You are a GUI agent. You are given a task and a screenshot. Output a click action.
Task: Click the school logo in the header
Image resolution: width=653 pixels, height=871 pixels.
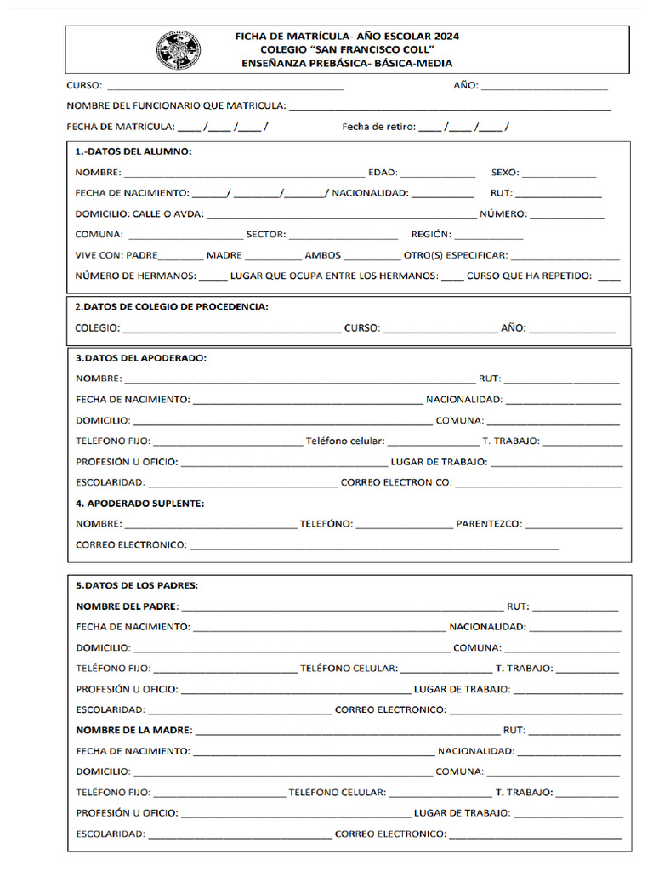pyautogui.click(x=179, y=50)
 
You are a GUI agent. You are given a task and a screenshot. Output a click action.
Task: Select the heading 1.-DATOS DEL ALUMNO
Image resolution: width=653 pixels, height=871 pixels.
pyautogui.click(x=133, y=151)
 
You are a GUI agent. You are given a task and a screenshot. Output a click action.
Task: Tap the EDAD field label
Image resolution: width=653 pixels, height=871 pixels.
pyautogui.click(x=382, y=173)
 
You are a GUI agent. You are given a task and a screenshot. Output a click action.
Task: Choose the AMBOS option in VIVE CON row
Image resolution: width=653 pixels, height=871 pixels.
pyautogui.click(x=322, y=255)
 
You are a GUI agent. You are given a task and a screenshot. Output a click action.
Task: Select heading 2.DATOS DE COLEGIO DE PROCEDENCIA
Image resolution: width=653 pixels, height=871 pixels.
pyautogui.click(x=172, y=306)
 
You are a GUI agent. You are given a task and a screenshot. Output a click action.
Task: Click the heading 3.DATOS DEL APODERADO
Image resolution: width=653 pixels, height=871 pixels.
pyautogui.click(x=141, y=358)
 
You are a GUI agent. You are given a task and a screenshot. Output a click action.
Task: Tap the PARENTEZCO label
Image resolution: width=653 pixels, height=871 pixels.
pyautogui.click(x=489, y=524)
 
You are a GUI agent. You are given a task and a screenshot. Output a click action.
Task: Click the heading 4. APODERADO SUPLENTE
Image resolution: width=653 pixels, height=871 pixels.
pyautogui.click(x=140, y=504)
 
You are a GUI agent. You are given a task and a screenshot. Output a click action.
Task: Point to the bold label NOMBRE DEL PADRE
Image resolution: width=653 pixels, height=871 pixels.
pyautogui.click(x=127, y=606)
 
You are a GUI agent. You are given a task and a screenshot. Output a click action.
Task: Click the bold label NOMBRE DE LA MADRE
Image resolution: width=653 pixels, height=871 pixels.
pyautogui.click(x=133, y=730)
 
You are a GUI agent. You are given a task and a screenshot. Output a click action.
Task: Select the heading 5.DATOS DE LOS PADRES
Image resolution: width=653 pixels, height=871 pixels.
pyautogui.click(x=137, y=585)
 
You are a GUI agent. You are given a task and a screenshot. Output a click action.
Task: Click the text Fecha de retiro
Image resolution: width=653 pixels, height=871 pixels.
pyautogui.click(x=378, y=127)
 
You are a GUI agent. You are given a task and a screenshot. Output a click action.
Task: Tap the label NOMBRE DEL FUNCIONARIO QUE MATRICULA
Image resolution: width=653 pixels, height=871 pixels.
pyautogui.click(x=176, y=106)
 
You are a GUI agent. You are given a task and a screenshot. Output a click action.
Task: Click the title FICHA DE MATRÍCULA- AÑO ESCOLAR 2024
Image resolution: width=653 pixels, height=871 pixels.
pyautogui.click(x=347, y=37)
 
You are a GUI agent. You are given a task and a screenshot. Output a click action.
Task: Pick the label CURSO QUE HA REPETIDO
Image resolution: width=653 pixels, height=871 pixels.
pyautogui.click(x=529, y=276)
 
